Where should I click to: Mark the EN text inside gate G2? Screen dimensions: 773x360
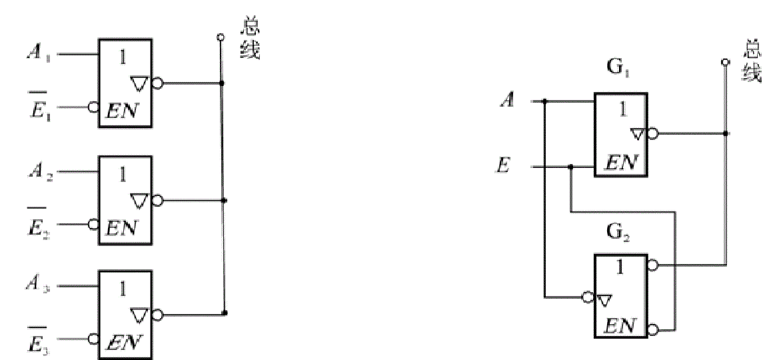[x=620, y=327]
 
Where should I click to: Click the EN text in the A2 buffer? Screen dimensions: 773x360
[x=123, y=227]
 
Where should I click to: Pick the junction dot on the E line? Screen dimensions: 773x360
[x=570, y=167]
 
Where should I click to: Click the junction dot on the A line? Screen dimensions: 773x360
[x=545, y=102]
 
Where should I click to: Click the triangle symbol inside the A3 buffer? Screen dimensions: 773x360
[x=139, y=312]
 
